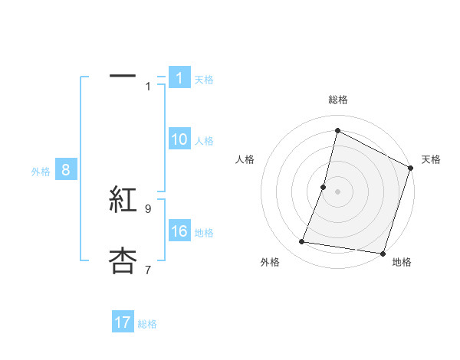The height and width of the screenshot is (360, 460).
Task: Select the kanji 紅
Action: tap(123, 201)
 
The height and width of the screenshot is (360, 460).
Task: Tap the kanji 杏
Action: tap(123, 261)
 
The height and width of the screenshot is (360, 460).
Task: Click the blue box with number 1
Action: tap(179, 78)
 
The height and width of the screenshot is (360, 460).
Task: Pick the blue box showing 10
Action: tap(179, 139)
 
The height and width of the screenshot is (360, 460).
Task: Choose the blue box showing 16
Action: tap(179, 231)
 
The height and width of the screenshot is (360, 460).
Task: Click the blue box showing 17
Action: tap(123, 322)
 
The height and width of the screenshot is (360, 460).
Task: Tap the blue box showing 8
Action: tap(65, 171)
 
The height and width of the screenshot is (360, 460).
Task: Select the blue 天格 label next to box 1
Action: tap(204, 79)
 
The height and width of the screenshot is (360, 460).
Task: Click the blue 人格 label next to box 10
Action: tap(204, 140)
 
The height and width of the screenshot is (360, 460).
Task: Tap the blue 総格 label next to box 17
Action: tap(147, 323)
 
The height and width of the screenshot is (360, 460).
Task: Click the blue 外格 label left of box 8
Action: tap(41, 172)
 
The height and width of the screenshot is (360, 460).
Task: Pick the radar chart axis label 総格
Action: tap(338, 100)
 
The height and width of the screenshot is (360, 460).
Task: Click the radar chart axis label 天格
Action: tap(431, 159)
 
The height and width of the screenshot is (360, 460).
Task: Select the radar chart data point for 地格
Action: tap(382, 253)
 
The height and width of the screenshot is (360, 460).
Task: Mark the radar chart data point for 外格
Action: tap(302, 242)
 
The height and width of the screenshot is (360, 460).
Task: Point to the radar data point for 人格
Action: tap(324, 187)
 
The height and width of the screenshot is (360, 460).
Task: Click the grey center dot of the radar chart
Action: tap(337, 191)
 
